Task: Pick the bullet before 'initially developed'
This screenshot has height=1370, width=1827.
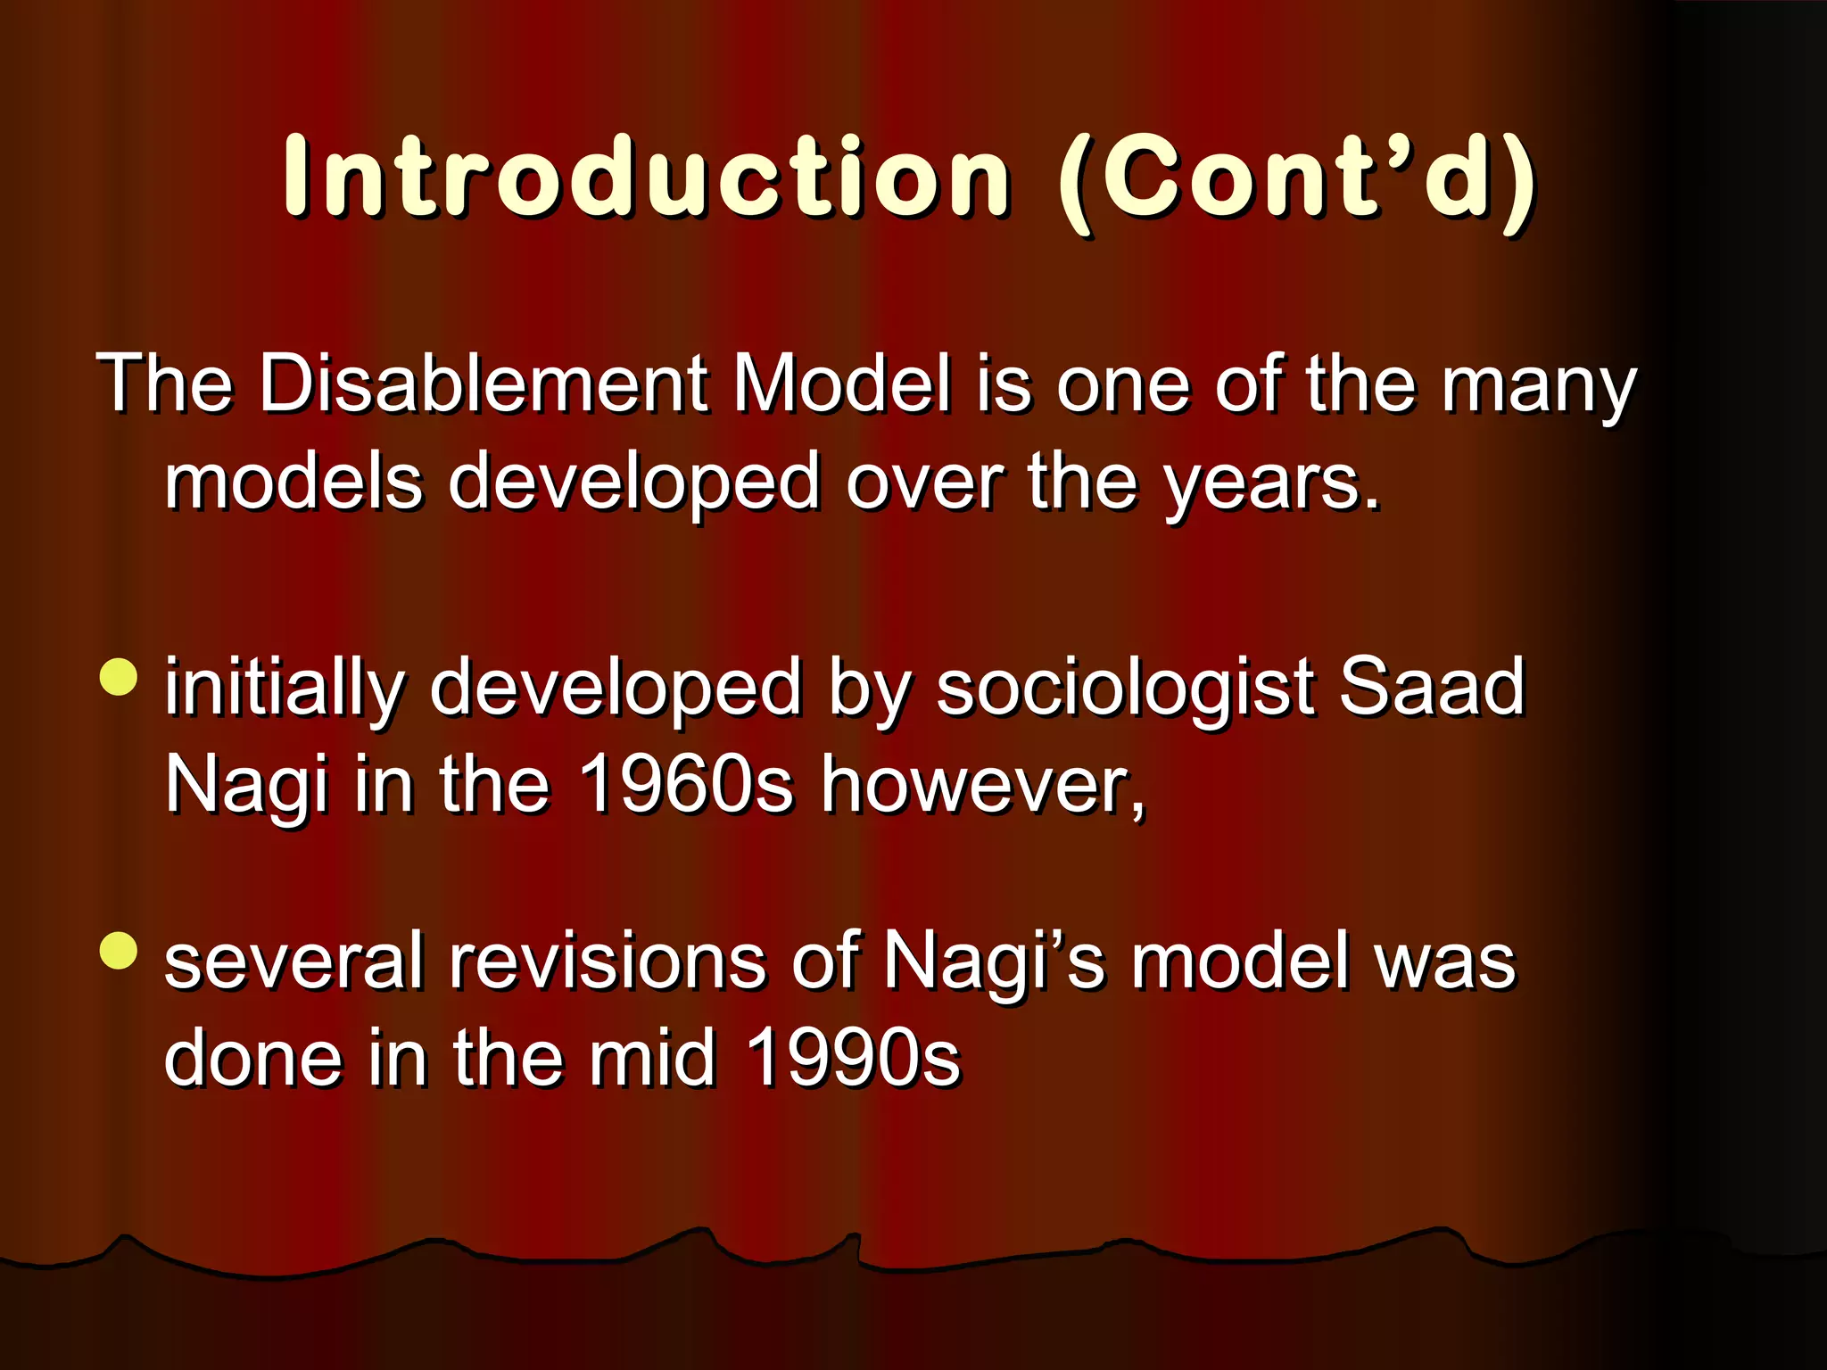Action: pyautogui.click(x=120, y=677)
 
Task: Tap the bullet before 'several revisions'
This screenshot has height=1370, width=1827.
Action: pyautogui.click(x=120, y=951)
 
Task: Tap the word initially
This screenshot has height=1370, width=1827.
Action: pyautogui.click(x=285, y=691)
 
